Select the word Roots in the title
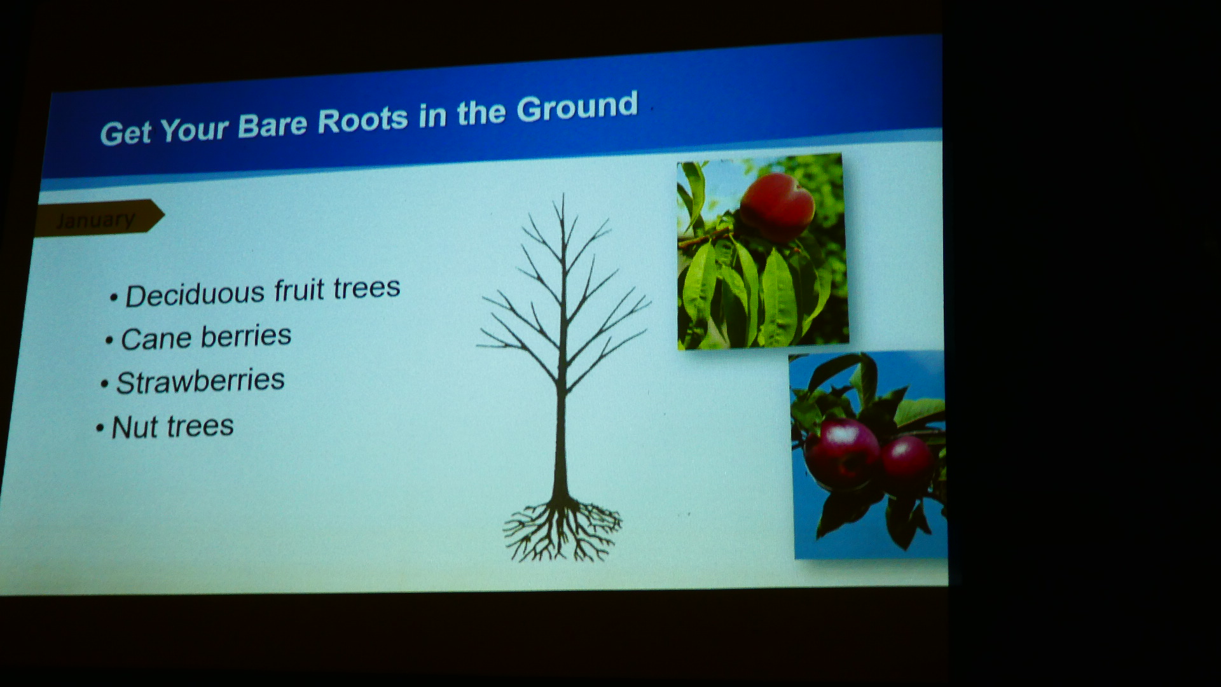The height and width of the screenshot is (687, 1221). pos(362,120)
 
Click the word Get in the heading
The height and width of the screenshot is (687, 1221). pos(126,133)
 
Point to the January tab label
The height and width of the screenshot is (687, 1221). pos(95,220)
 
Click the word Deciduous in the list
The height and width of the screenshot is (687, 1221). pos(195,295)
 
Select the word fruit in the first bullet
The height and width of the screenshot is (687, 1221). pos(300,290)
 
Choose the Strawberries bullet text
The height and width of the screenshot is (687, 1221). pos(200,382)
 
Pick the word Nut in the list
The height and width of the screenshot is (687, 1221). pos(134,427)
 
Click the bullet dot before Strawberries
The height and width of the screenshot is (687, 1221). pos(104,385)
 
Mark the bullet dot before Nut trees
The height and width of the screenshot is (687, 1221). pos(99,429)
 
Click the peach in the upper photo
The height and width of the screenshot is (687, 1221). pos(777,207)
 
